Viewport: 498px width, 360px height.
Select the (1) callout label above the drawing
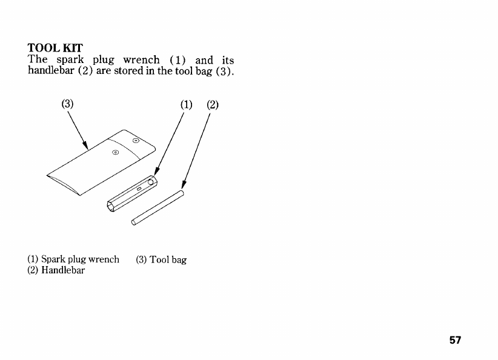click(186, 104)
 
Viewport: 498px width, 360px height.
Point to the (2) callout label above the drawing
click(212, 104)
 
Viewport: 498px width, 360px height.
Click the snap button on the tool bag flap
click(136, 140)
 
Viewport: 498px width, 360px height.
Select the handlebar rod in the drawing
click(158, 207)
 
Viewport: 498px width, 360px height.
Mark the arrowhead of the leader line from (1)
click(156, 173)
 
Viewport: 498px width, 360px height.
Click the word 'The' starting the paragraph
click(37, 59)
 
